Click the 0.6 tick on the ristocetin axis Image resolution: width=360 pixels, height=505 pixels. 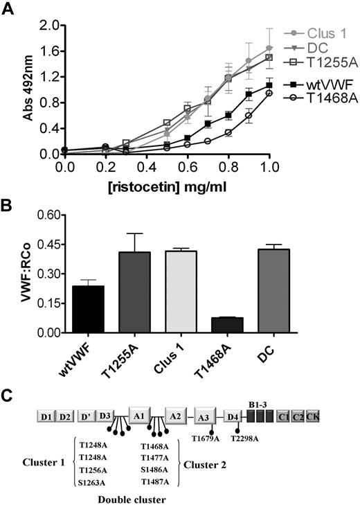pos(188,166)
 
